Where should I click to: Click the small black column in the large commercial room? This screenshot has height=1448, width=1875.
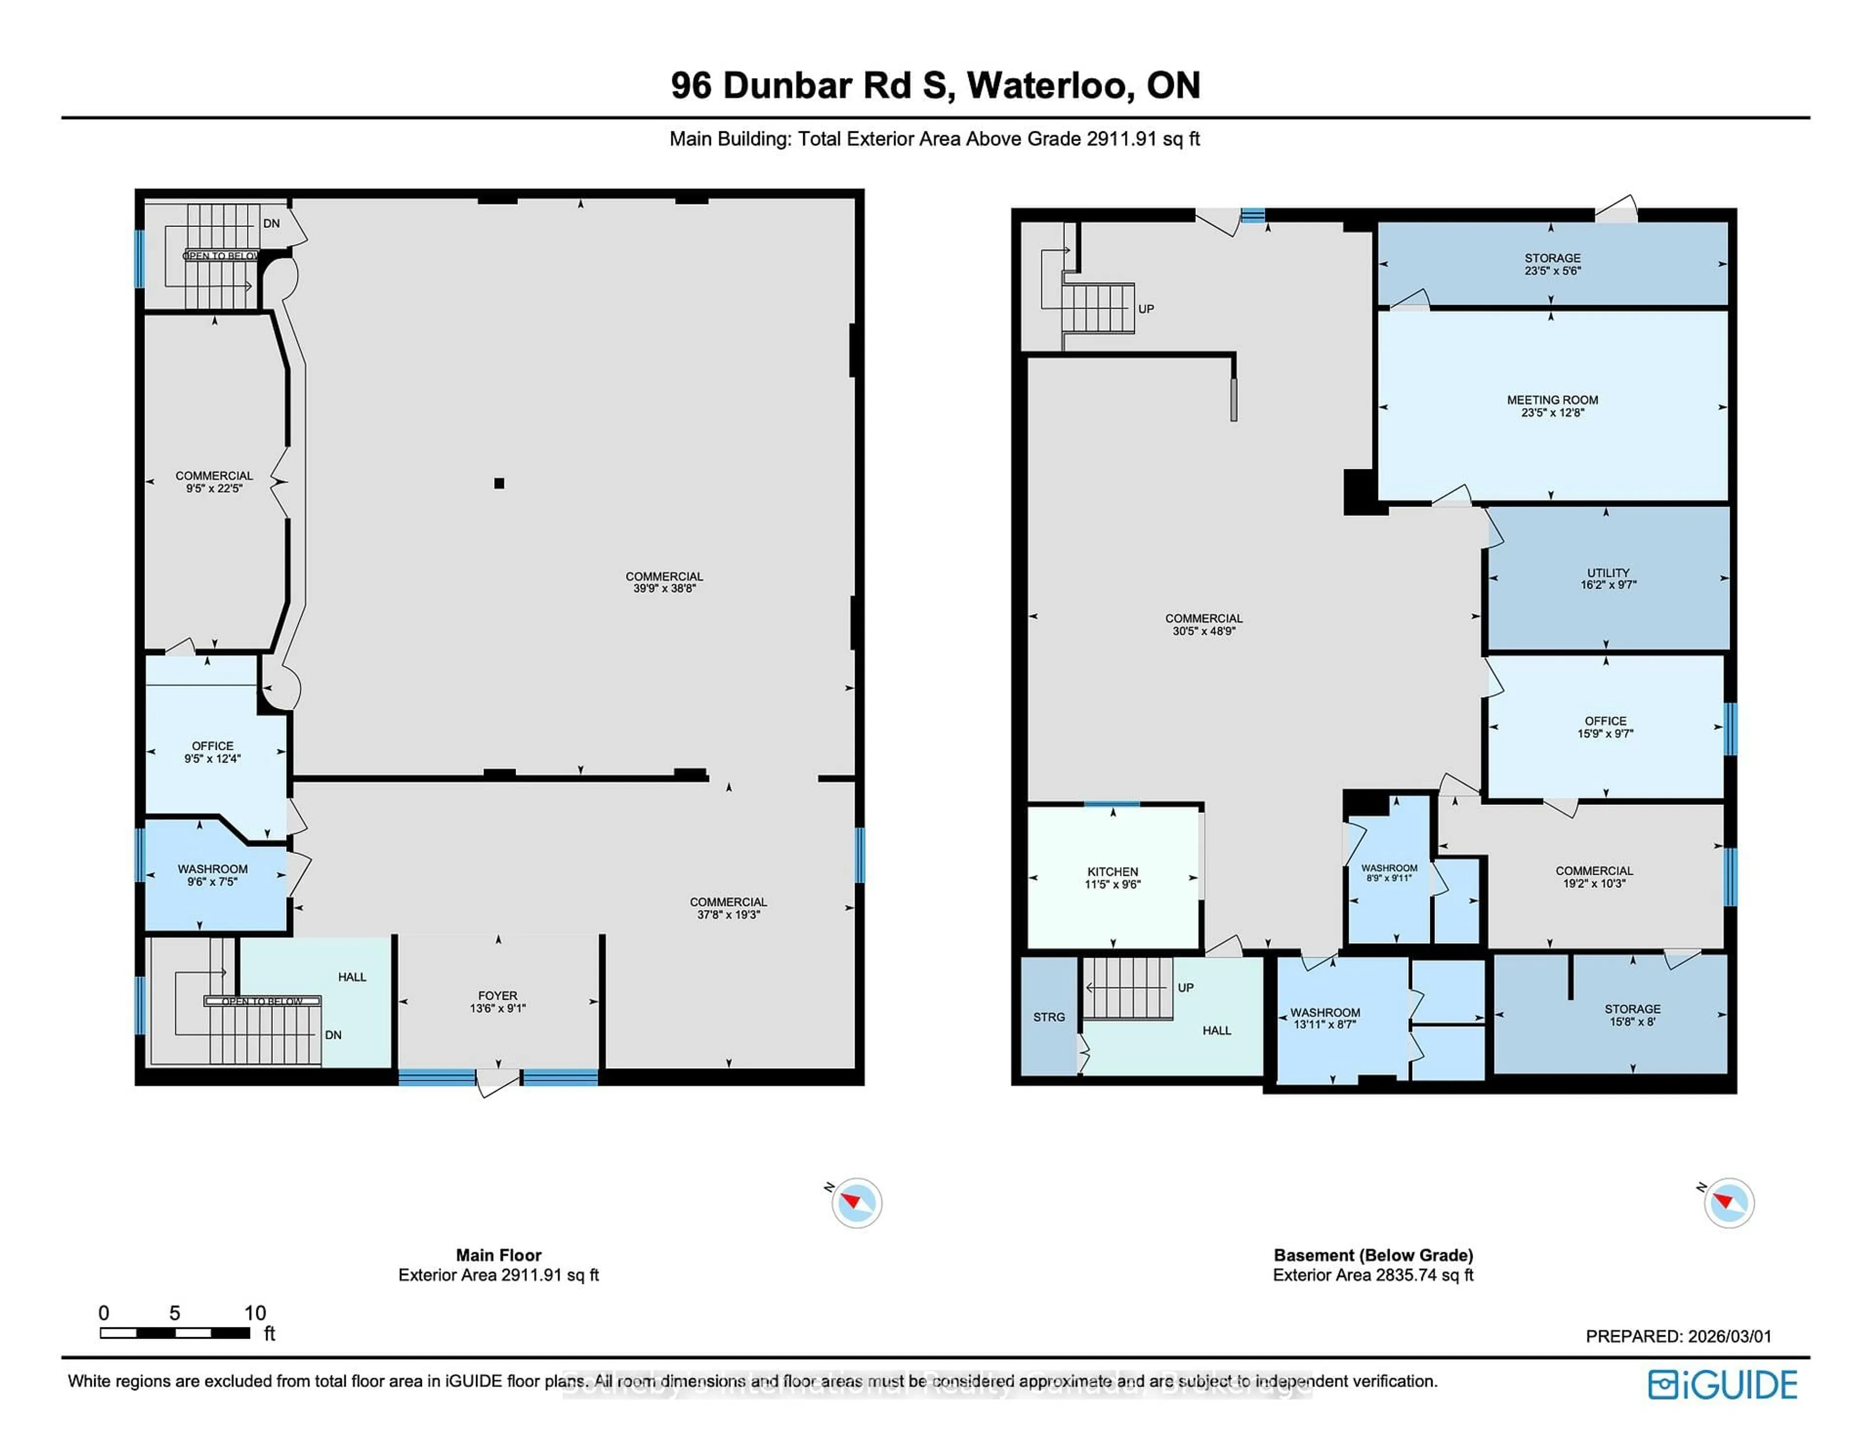click(499, 483)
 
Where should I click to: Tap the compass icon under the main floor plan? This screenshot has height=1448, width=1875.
click(856, 1202)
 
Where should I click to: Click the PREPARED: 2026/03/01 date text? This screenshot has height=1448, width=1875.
click(1678, 1336)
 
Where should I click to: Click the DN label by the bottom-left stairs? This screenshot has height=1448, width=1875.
click(333, 1035)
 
